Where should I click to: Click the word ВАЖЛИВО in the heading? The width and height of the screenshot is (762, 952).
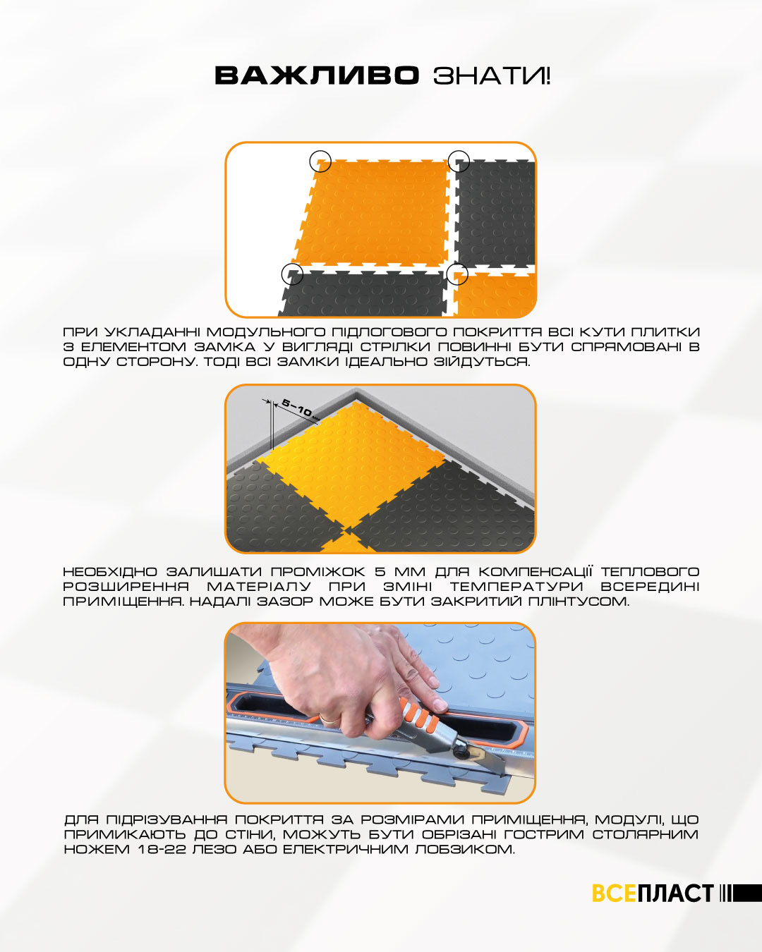[x=317, y=75]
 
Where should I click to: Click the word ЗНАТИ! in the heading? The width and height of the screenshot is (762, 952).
[x=492, y=75]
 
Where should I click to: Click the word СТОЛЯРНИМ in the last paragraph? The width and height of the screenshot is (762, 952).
[x=646, y=835]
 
